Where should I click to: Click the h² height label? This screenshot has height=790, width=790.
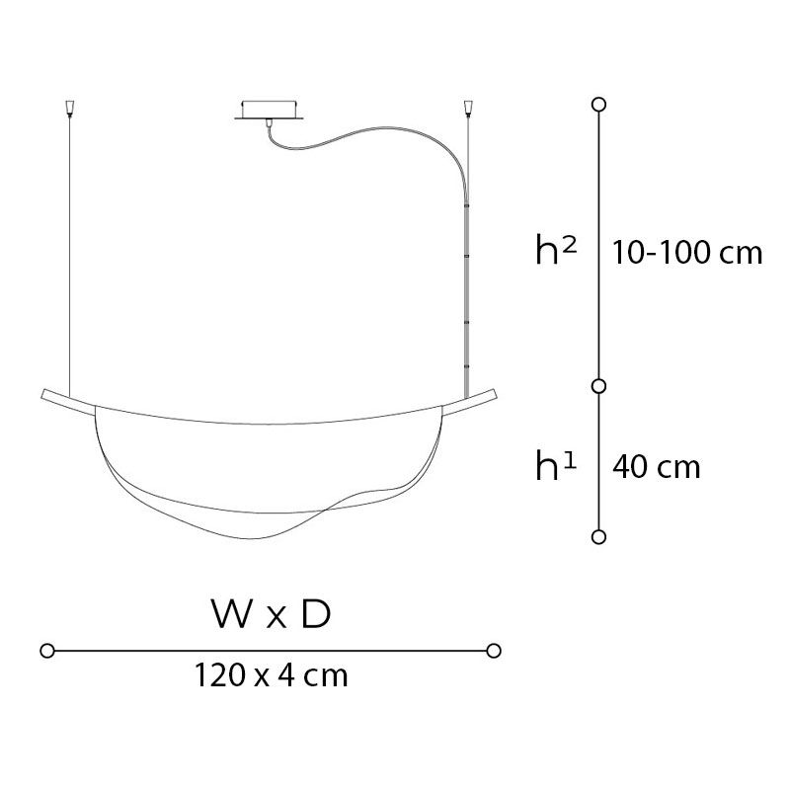pos(556,250)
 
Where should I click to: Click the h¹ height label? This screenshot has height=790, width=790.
pos(556,465)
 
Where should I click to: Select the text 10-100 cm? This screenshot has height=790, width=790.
pos(687,252)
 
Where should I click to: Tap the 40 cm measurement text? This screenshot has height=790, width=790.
pos(657,467)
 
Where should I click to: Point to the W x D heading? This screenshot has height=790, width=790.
pos(271,614)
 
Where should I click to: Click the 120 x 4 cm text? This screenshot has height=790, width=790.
pos(271,675)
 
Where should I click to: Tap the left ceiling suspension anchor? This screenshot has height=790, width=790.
pos(69,108)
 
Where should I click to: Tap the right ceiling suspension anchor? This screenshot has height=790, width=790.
pos(469,108)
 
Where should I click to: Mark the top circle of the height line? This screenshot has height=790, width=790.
pos(598,105)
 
